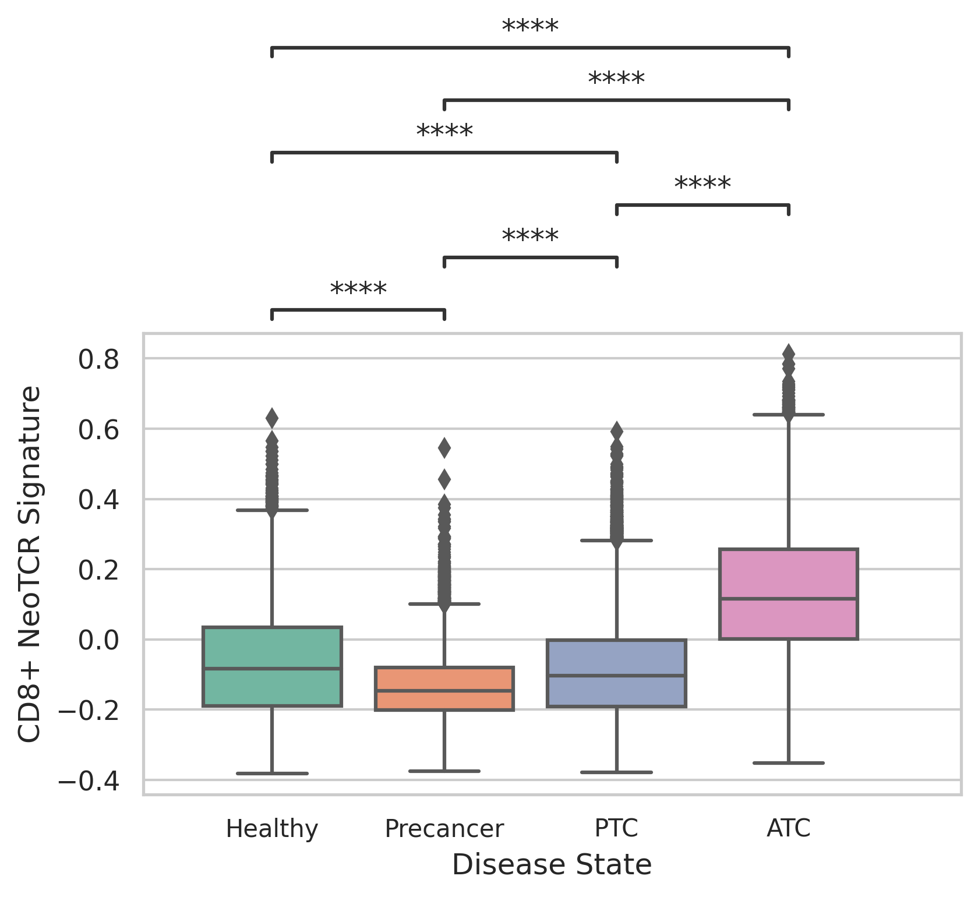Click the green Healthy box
(272, 666)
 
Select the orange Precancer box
(444, 688)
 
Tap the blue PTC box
(616, 673)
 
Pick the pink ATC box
(789, 594)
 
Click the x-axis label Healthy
(272, 828)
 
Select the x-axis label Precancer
(444, 828)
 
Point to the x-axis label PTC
(616, 828)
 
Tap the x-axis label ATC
(789, 828)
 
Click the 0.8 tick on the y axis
(98, 359)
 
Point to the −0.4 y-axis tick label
(89, 781)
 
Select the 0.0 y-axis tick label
(98, 640)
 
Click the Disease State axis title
(551, 864)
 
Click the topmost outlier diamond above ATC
(789, 352)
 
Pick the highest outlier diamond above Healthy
(272, 418)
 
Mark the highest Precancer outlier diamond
(444, 448)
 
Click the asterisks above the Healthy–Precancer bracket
(358, 289)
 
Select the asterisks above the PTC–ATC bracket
(702, 185)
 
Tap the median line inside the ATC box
(789, 598)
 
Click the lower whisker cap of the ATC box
(789, 762)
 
